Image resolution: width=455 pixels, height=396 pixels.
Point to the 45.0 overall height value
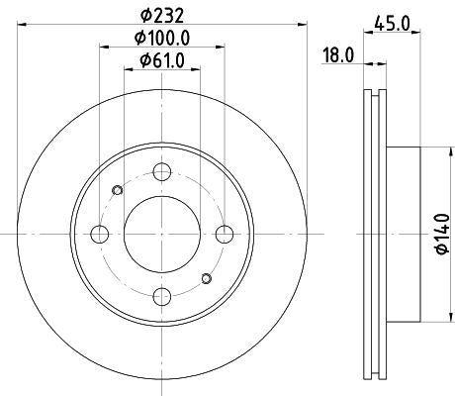pyautogui.click(x=394, y=23)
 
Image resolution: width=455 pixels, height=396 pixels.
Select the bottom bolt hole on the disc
pyautogui.click(x=162, y=295)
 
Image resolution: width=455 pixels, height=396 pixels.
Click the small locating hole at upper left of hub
pyautogui.click(x=119, y=190)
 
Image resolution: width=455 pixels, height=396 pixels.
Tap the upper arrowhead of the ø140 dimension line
pyautogui.click(x=432, y=151)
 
